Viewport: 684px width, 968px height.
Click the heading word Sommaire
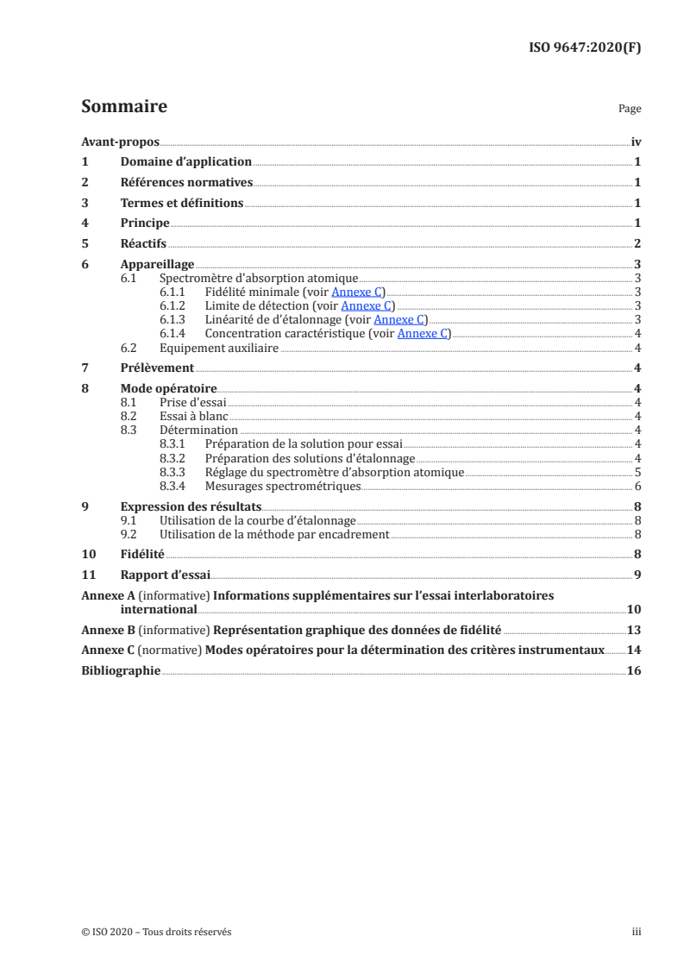pyautogui.click(x=123, y=107)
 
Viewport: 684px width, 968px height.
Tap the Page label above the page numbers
pyautogui.click(x=630, y=110)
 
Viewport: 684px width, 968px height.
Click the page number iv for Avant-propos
pyautogui.click(x=636, y=141)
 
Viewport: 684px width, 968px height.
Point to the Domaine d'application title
pyautogui.click(x=185, y=162)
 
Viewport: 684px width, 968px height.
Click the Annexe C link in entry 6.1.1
pyautogui.click(x=361, y=292)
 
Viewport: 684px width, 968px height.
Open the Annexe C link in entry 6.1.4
pyautogui.click(x=424, y=334)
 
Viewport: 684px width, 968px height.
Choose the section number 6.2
pyautogui.click(x=129, y=349)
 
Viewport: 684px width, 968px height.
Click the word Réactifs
pyautogui.click(x=143, y=244)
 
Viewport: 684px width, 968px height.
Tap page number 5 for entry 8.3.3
pyautogui.click(x=637, y=473)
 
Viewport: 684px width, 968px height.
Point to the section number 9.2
pyautogui.click(x=129, y=535)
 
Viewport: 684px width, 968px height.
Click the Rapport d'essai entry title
pyautogui.click(x=165, y=575)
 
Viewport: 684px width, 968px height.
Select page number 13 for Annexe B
pyautogui.click(x=634, y=630)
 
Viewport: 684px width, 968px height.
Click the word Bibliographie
pyautogui.click(x=120, y=670)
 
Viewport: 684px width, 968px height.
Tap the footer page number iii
pyautogui.click(x=636, y=932)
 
